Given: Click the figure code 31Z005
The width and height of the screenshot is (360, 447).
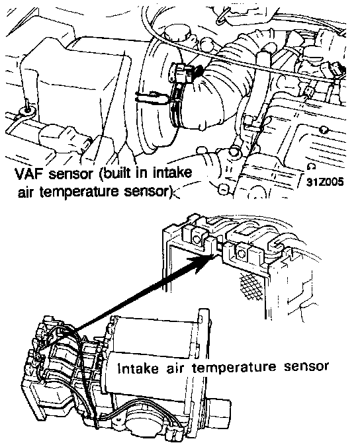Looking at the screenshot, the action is pos(325,182).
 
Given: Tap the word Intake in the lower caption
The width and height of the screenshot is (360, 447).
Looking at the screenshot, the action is pos(138,368).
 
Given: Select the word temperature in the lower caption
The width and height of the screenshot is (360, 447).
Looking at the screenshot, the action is pos(234,368).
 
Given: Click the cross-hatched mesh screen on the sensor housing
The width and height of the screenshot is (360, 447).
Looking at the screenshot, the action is pos(251,284).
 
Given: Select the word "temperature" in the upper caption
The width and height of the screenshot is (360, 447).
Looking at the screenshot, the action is pos(79,192).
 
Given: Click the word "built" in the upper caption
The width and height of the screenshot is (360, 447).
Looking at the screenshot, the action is pos(116,173).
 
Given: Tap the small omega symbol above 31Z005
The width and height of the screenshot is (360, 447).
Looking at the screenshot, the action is pos(312,166).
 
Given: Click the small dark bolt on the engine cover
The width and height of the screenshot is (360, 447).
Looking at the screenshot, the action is pos(324,130).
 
